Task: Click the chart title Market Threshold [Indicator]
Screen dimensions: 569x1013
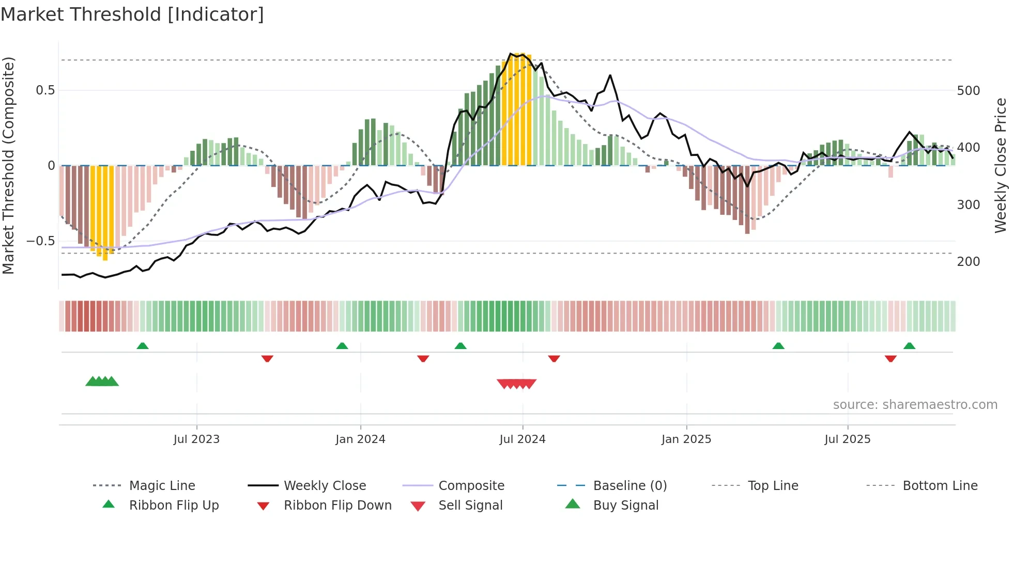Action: (x=132, y=14)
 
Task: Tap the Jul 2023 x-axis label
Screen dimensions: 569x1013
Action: (x=196, y=439)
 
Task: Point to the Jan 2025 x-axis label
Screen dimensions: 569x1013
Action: (x=686, y=439)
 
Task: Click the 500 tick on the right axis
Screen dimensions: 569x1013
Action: (x=968, y=91)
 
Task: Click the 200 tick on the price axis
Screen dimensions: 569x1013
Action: (x=968, y=262)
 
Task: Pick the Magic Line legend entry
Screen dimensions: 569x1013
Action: (x=162, y=486)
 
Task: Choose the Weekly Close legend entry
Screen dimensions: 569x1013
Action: (x=325, y=486)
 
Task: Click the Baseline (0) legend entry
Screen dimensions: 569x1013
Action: (x=630, y=486)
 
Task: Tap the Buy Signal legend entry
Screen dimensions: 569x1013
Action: (x=625, y=505)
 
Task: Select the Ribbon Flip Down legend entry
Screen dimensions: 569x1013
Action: (x=337, y=505)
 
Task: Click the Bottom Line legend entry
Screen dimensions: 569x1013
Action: (x=940, y=486)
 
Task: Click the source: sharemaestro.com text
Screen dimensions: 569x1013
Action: (x=915, y=405)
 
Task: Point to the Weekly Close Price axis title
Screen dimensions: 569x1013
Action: (x=1001, y=165)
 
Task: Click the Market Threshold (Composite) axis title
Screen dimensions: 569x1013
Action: (x=8, y=165)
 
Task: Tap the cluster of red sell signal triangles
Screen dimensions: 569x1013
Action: (x=516, y=384)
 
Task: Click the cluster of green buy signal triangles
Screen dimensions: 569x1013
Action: (x=102, y=382)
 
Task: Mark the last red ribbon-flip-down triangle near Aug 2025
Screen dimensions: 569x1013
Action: (x=891, y=358)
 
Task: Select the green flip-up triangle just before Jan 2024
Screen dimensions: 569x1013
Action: (x=342, y=346)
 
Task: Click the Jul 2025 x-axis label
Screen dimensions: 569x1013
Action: (x=847, y=439)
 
